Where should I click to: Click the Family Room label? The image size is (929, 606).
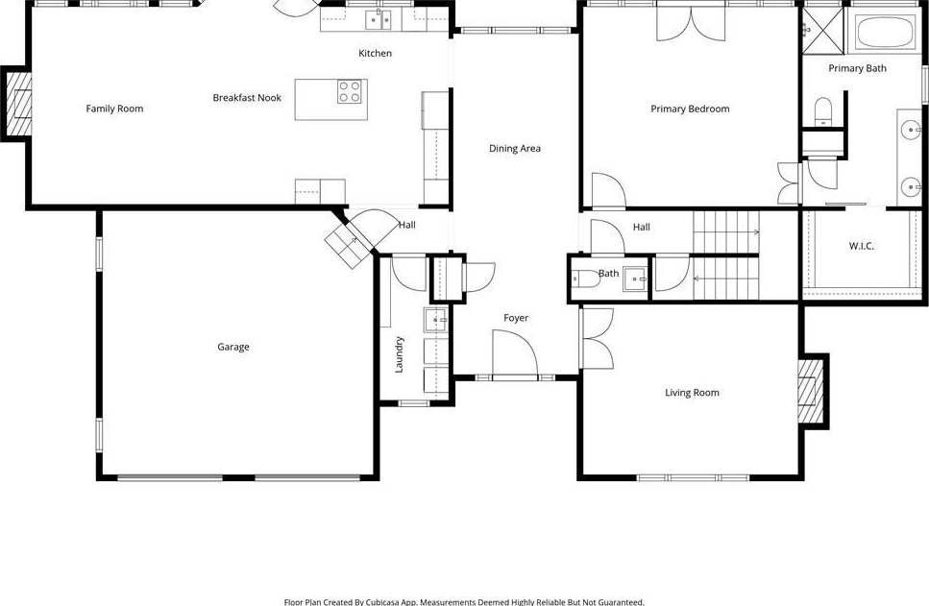point(114,109)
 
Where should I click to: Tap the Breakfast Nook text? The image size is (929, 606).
point(247,98)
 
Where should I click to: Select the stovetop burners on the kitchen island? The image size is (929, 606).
point(349,92)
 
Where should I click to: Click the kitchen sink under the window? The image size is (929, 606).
point(378,19)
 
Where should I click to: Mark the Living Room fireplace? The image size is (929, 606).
point(811,391)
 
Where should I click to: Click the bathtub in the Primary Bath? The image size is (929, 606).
point(885,32)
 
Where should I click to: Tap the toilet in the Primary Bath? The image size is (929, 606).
point(823,112)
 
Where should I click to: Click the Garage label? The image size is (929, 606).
point(233,347)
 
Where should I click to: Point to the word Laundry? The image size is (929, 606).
point(400,354)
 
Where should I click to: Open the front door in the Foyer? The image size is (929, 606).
point(515,353)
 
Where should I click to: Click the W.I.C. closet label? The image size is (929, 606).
point(862,246)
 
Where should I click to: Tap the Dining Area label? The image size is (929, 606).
point(515,149)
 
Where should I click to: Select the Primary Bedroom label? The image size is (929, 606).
point(690,109)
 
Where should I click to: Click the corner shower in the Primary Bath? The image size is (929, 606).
point(823,30)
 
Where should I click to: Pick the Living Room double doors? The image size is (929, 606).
point(598,338)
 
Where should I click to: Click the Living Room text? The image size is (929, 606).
point(692,393)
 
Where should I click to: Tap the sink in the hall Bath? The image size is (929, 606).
point(635,279)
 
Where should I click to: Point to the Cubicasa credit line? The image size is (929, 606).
point(464,602)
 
